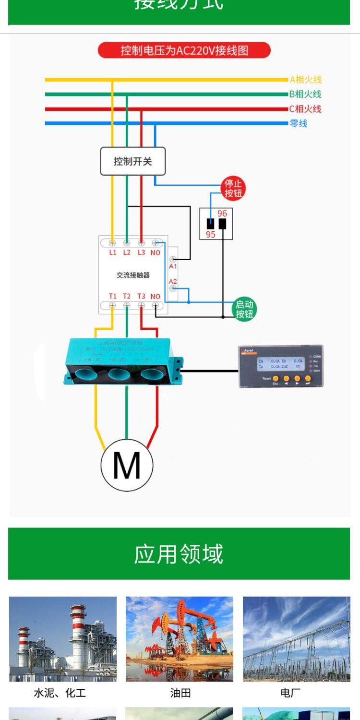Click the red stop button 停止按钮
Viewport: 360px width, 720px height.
click(233, 188)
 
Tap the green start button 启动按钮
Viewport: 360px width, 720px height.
click(244, 309)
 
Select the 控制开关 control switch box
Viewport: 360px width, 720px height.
click(132, 161)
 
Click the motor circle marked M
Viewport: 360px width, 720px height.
click(127, 465)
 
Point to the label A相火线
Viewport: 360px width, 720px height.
click(305, 80)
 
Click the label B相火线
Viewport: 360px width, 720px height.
click(305, 94)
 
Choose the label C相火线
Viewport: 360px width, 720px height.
click(305, 109)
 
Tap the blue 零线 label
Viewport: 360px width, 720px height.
click(299, 123)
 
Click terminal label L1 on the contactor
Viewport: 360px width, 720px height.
click(113, 252)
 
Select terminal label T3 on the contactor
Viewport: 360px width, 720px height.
click(141, 296)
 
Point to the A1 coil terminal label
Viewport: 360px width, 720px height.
click(173, 266)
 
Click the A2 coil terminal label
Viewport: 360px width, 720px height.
click(173, 281)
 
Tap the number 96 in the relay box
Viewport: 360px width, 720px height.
click(222, 214)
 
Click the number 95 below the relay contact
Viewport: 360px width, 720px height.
click(211, 235)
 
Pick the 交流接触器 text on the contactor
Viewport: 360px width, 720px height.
click(133, 275)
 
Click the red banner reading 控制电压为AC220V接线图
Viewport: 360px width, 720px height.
click(184, 50)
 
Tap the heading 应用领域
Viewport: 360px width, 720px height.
click(179, 554)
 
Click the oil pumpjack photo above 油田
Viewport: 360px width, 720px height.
click(180, 639)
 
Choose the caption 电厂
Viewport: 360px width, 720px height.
click(290, 693)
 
